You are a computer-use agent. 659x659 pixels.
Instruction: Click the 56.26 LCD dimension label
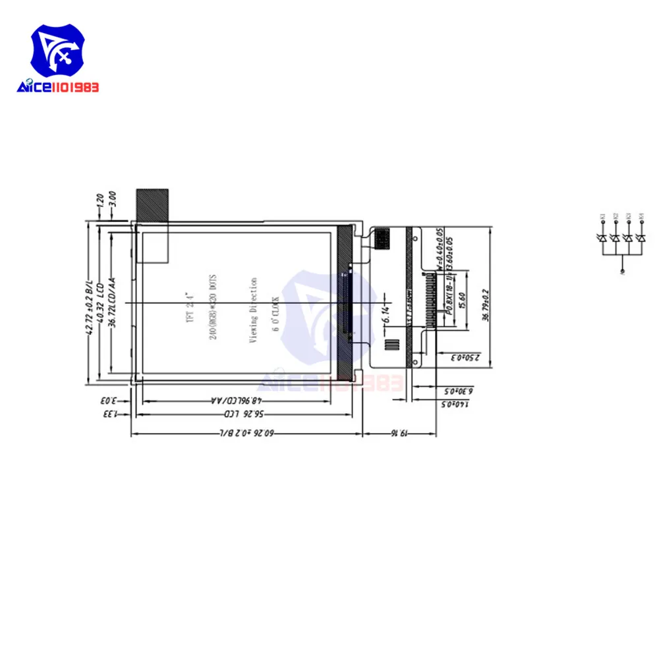tap(241, 415)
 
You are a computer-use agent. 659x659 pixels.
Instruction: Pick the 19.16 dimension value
tap(401, 434)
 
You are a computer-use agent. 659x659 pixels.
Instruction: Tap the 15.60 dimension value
tap(463, 301)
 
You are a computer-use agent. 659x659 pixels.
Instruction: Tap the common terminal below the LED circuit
tap(621, 271)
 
